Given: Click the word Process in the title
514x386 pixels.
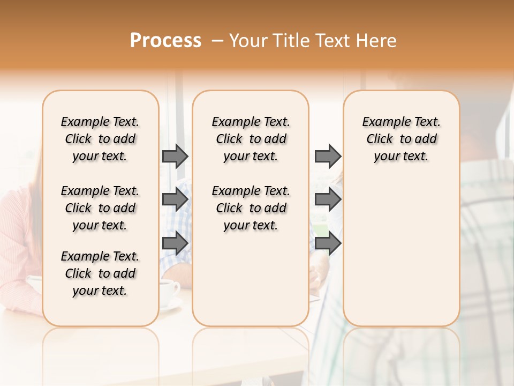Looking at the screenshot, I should click(165, 41).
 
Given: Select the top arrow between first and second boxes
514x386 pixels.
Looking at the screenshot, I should click(175, 156).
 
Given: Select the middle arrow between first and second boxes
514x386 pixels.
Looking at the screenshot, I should click(175, 199).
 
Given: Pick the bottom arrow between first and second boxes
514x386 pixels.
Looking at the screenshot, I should click(175, 242).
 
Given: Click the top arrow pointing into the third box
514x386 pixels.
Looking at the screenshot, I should click(328, 156).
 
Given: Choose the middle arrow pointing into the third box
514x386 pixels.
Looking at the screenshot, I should click(328, 199).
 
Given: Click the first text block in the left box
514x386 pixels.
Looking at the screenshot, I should click(100, 139).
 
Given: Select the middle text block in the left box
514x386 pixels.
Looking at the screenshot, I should click(100, 208).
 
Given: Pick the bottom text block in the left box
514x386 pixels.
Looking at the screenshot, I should click(100, 273).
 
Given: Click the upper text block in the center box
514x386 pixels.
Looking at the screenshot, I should click(251, 139).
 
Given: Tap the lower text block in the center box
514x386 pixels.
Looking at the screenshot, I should click(251, 208).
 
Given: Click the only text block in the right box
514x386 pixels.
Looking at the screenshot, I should click(401, 139).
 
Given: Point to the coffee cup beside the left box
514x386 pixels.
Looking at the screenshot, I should click(170, 292).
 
